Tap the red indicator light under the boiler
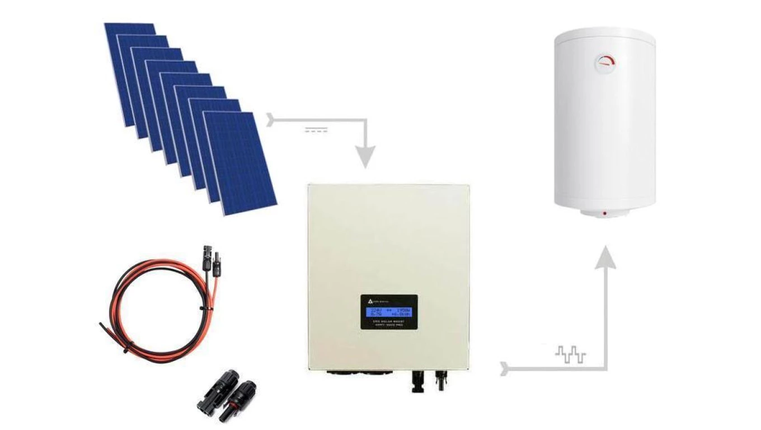[x=604, y=213]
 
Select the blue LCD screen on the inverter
[x=388, y=312]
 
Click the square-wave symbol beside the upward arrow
[x=570, y=354]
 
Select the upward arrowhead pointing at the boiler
[x=604, y=259]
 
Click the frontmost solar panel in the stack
[x=240, y=163]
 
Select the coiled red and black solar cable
[x=162, y=314]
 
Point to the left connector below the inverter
[x=417, y=381]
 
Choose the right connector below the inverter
[x=443, y=381]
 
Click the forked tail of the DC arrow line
[x=273, y=119]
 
